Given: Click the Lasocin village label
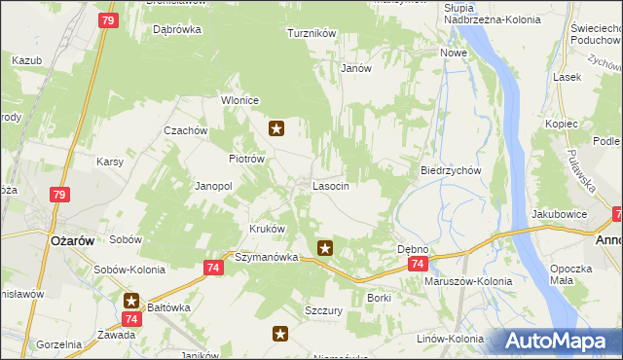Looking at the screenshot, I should tap(330, 185).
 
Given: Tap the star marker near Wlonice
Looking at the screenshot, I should tap(276, 127).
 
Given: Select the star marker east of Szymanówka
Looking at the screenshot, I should tap(325, 249).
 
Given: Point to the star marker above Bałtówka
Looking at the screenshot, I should tap(131, 301).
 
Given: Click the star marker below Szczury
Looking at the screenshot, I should tap(279, 335).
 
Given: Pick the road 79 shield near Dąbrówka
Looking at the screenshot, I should tap(108, 20).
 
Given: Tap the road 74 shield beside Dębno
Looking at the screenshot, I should tap(417, 265).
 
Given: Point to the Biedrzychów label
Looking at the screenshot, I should tap(451, 169).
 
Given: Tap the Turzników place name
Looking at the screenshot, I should tap(311, 33).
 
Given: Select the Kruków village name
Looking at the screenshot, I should tap(268, 230).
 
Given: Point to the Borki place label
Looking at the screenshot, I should tap(379, 297).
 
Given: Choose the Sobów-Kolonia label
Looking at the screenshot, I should tap(127, 270).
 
